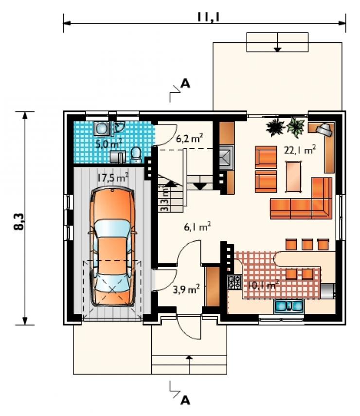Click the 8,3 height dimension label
pos(19,221)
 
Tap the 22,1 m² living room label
pos(300,150)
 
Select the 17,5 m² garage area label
pos(113,177)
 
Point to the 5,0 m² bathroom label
pos(108,144)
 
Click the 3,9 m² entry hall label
pos(186,289)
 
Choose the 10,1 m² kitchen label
pos(263,285)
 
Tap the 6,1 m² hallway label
pos(198,227)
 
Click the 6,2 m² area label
pos(189,138)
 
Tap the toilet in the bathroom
pos(136,155)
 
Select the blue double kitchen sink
pos(288,306)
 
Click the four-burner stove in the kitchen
pos(234,282)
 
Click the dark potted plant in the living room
pos(275,127)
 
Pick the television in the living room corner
pos(324,129)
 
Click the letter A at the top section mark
pos(185,84)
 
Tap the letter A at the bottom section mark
pos(185,400)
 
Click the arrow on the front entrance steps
pos(189,364)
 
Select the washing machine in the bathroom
pos(101,128)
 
